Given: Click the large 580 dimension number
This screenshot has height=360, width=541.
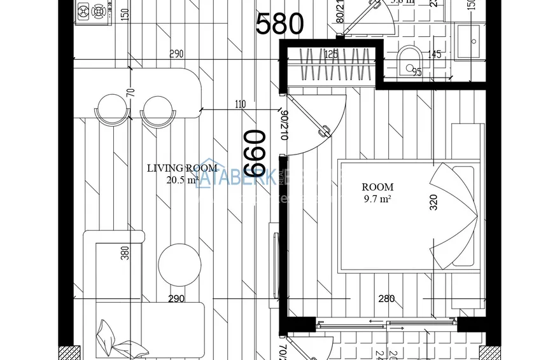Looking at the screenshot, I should click(x=279, y=24).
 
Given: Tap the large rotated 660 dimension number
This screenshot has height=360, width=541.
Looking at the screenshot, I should click(x=255, y=153).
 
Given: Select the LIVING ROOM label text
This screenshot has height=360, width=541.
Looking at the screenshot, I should click(x=182, y=169).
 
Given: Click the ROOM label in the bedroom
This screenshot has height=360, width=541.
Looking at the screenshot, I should click(x=377, y=187).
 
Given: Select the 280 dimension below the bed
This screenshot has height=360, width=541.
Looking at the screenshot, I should click(x=386, y=298).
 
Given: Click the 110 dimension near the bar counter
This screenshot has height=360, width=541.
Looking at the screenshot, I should click(x=240, y=104).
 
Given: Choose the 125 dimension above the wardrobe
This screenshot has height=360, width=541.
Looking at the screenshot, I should click(x=330, y=55).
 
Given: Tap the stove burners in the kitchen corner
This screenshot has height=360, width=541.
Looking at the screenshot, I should click(x=92, y=11).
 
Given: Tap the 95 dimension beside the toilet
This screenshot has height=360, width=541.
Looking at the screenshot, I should click(x=417, y=72).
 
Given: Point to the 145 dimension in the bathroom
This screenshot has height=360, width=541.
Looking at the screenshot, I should click(x=435, y=55).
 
